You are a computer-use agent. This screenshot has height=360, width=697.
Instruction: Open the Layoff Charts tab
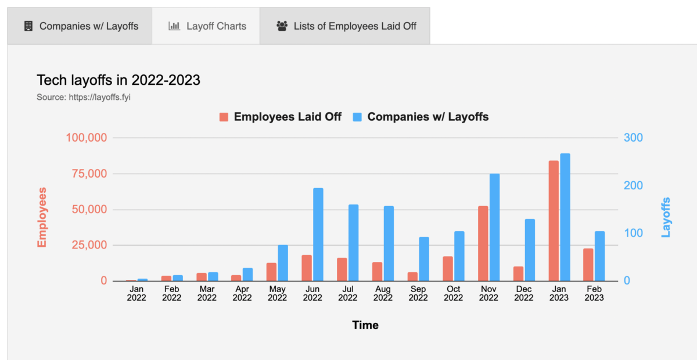207,26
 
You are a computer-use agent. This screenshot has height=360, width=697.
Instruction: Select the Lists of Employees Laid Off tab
346,26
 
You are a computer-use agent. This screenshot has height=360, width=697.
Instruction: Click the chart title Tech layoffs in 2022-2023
118,80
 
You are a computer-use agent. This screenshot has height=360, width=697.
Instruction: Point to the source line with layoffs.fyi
84,97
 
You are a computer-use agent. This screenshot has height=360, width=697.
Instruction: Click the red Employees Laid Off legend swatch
224,117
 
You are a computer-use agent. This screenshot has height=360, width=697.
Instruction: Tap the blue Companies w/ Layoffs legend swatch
357,117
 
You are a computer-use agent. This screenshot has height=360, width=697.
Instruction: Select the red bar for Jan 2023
554,221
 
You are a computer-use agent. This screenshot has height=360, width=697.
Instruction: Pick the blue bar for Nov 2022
495,227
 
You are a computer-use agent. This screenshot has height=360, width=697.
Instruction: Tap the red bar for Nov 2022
483,243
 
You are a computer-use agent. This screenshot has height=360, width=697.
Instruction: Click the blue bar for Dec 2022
530,250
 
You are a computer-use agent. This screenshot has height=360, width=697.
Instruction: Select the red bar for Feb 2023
588,265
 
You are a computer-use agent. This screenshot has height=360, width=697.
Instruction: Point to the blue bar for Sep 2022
424,259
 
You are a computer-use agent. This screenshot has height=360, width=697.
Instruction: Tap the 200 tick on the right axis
633,185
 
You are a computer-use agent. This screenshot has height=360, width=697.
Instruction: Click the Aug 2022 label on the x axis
383,294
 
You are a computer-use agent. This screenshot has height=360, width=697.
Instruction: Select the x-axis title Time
365,325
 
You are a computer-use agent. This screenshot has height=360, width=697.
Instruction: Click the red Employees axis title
42,217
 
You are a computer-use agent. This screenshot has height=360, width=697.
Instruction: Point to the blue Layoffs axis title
666,217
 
